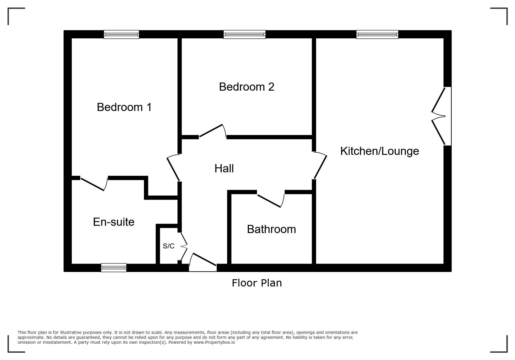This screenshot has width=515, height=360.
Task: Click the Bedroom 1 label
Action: [124, 107]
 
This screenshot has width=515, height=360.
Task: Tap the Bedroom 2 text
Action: [247, 87]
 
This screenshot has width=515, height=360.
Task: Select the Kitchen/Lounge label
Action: [379, 151]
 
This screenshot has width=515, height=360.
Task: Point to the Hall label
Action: [224, 169]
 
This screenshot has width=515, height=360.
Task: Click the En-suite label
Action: [114, 222]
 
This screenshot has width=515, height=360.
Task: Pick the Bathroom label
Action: [272, 229]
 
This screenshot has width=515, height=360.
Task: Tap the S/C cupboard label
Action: [169, 246]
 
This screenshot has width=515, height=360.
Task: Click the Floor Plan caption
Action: [257, 283]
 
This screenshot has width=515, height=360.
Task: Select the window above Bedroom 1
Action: [122, 35]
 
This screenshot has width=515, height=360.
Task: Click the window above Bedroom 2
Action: [245, 35]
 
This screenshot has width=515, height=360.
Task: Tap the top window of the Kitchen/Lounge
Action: [377, 35]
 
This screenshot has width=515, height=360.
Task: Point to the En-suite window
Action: [114, 268]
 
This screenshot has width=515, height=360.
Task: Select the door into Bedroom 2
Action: [213, 131]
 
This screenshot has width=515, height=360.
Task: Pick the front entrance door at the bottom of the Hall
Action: [203, 262]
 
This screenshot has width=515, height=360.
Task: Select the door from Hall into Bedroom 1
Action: [174, 168]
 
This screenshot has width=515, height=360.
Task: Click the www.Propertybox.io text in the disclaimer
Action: [214, 342]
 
